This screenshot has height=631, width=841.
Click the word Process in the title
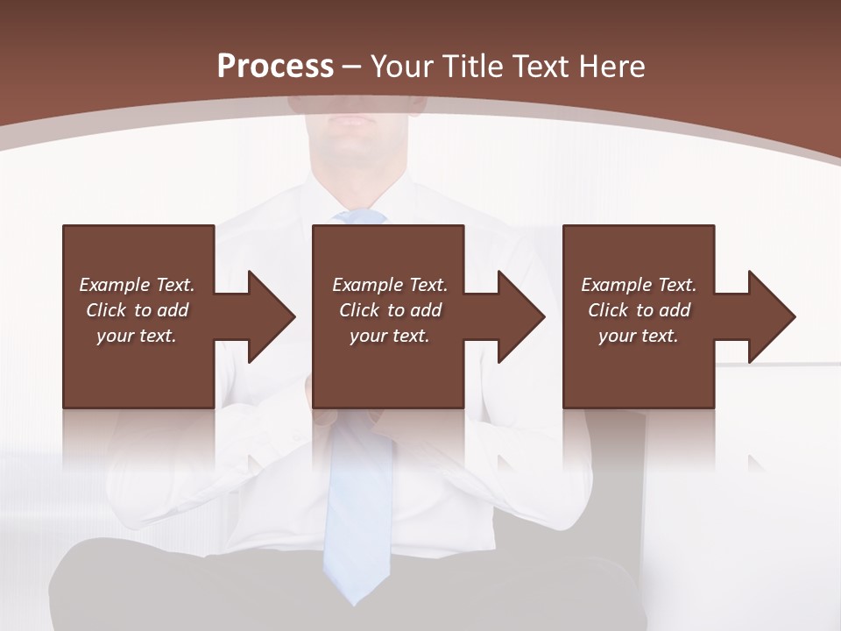point(275,66)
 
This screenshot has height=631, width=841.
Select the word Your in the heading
point(403,66)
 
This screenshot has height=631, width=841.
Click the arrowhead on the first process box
point(268,316)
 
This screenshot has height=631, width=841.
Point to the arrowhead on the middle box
point(518,316)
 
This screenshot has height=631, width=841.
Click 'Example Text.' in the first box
point(137,285)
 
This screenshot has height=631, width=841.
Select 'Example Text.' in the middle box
point(390,285)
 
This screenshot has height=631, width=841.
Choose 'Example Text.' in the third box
point(639,285)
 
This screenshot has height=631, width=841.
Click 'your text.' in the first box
point(137,336)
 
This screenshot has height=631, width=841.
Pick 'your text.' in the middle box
point(390,336)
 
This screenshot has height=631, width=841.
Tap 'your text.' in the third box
point(639,336)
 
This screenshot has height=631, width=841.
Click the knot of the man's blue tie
point(359,216)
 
